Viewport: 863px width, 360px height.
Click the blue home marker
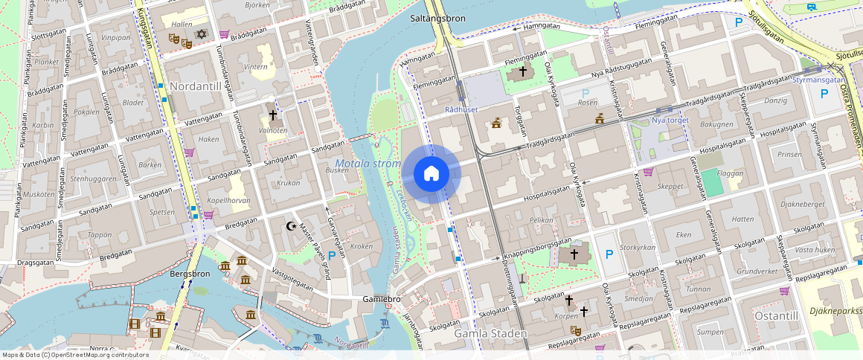(431, 174)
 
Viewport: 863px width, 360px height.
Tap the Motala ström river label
(368, 164)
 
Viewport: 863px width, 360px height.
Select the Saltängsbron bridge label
(438, 16)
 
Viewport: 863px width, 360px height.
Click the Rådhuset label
(461, 109)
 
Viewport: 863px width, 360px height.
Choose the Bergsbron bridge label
(190, 274)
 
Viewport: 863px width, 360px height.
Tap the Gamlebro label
(381, 298)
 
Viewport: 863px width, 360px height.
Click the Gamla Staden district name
(490, 334)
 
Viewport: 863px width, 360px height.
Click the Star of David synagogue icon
(201, 34)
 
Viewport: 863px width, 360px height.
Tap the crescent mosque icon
(292, 225)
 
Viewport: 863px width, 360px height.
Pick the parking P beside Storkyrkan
(609, 254)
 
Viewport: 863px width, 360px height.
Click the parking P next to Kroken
(332, 255)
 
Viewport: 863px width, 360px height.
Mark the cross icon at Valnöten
(273, 115)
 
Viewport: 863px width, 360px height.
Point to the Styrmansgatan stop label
(818, 80)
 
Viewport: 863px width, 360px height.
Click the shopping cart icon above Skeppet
(648, 172)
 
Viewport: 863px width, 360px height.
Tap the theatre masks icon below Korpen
(575, 330)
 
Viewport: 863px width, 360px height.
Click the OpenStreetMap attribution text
(74, 355)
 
